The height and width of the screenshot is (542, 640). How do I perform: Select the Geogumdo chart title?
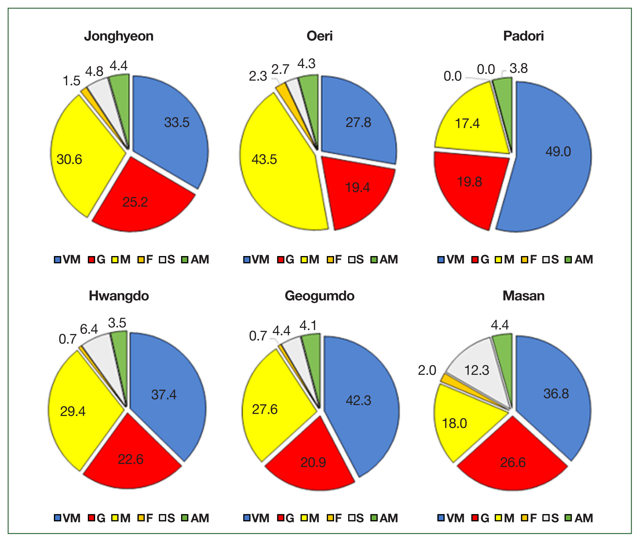[x=319, y=296]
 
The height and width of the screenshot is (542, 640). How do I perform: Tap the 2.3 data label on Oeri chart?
[x=258, y=76]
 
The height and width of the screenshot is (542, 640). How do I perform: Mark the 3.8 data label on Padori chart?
[x=518, y=68]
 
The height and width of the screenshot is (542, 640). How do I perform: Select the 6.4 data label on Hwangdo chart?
[x=89, y=329]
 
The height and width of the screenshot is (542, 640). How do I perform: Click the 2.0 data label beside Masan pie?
[x=427, y=370]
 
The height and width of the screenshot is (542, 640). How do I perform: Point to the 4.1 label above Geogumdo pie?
[x=308, y=326]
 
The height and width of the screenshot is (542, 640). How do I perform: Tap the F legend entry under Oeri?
[x=334, y=260]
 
